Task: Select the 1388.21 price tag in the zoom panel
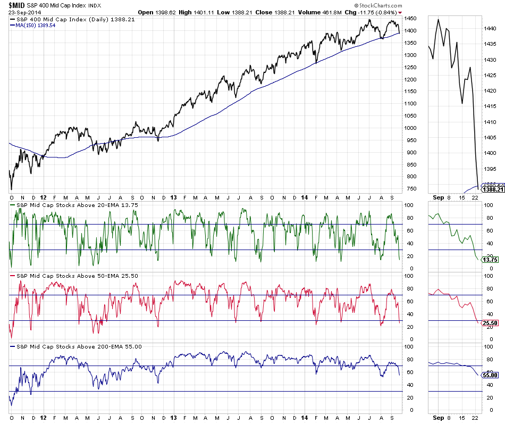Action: [x=492, y=188]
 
